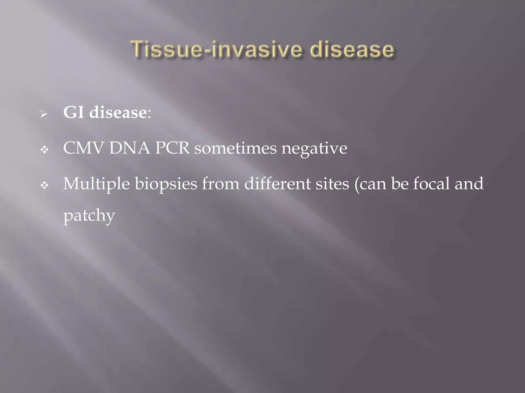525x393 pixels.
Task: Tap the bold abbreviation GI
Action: click(x=74, y=112)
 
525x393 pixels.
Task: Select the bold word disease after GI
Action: click(x=118, y=112)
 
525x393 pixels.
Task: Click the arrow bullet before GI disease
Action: click(x=44, y=114)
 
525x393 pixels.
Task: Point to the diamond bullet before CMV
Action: click(x=45, y=150)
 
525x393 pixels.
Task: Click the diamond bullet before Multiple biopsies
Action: click(x=45, y=185)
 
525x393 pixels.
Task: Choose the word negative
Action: click(x=314, y=148)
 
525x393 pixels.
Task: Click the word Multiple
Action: click(x=96, y=184)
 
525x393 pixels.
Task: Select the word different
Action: click(x=277, y=184)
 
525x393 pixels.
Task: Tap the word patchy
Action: click(x=89, y=216)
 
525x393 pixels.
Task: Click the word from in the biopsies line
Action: click(x=220, y=184)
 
